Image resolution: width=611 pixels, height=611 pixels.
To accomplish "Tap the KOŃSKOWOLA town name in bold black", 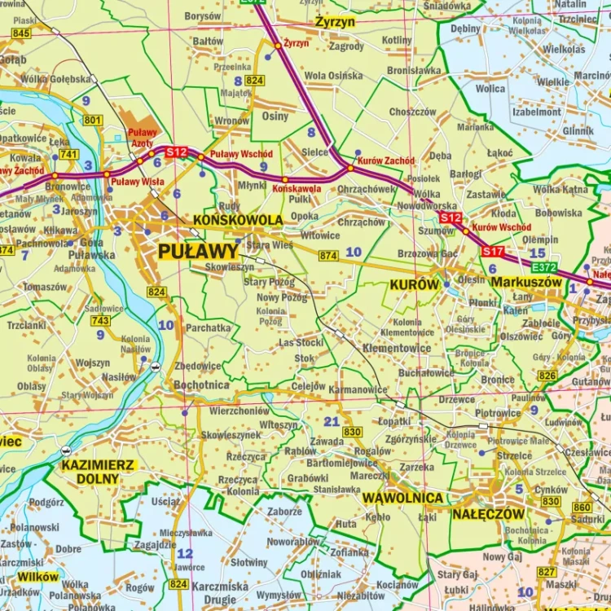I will [x=238, y=220].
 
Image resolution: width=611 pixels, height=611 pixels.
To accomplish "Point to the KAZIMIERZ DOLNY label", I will [x=99, y=473].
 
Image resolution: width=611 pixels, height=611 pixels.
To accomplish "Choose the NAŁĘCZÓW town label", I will [x=489, y=514].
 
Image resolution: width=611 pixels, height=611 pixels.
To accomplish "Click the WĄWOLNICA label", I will [x=403, y=498].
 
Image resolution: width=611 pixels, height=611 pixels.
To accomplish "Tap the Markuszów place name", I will [x=526, y=282].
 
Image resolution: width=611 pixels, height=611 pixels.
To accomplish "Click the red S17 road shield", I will [x=493, y=251].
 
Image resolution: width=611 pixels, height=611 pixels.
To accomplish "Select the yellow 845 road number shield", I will [x=21, y=33].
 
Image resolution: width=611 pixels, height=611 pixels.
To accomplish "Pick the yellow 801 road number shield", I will [x=93, y=121].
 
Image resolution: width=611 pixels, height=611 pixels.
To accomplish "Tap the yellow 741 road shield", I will [x=68, y=154].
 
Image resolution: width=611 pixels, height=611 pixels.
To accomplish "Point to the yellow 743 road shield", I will [x=100, y=321].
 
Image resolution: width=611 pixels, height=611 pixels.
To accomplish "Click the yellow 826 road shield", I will [x=547, y=376].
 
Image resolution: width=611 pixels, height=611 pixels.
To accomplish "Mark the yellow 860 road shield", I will [x=582, y=507].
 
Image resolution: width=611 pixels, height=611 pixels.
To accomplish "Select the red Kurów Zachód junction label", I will [x=385, y=161].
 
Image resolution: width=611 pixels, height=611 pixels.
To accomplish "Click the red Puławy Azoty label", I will [x=142, y=138].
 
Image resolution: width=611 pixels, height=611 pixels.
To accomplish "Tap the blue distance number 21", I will [x=331, y=421].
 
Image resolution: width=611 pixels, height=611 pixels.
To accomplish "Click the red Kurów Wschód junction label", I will [x=502, y=227].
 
